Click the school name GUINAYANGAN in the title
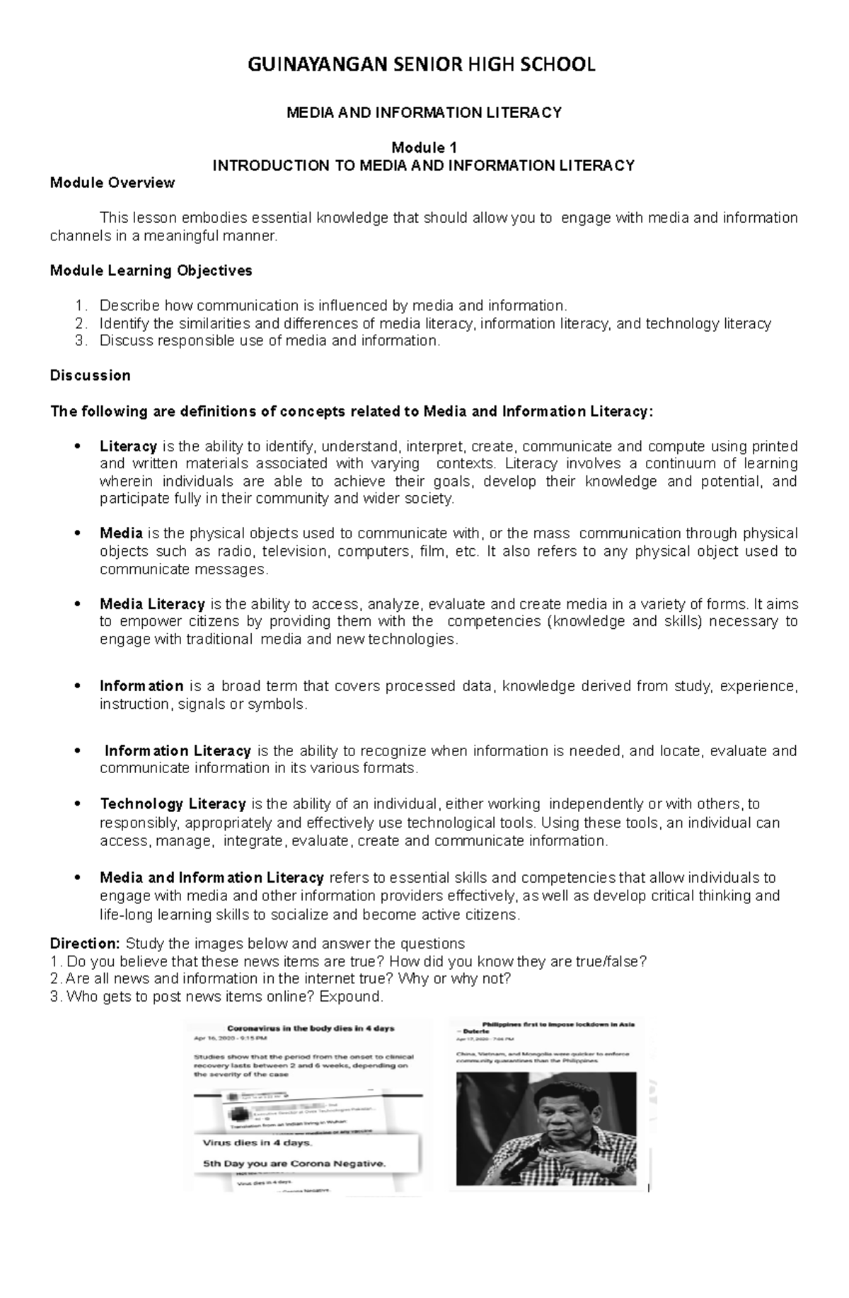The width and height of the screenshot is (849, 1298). (317, 65)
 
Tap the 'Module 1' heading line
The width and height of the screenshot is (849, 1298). (424, 148)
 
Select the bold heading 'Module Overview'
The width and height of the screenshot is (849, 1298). (112, 183)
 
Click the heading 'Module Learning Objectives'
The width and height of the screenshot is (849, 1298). (151, 271)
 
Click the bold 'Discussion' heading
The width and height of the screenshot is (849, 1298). (90, 376)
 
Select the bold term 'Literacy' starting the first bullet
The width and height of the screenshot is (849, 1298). (128, 446)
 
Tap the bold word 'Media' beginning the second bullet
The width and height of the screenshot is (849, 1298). (121, 533)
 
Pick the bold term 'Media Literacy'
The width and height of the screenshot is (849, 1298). (152, 604)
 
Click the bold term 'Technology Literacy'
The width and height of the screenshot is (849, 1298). (173, 804)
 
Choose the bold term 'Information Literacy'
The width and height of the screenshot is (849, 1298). (178, 751)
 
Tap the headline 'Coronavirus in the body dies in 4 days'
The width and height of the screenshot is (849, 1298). (310, 1028)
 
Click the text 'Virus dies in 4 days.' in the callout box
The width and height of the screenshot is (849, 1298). (256, 1143)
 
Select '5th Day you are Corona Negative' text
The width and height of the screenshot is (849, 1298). (294, 1163)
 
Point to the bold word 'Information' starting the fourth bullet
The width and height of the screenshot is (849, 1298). (141, 686)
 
